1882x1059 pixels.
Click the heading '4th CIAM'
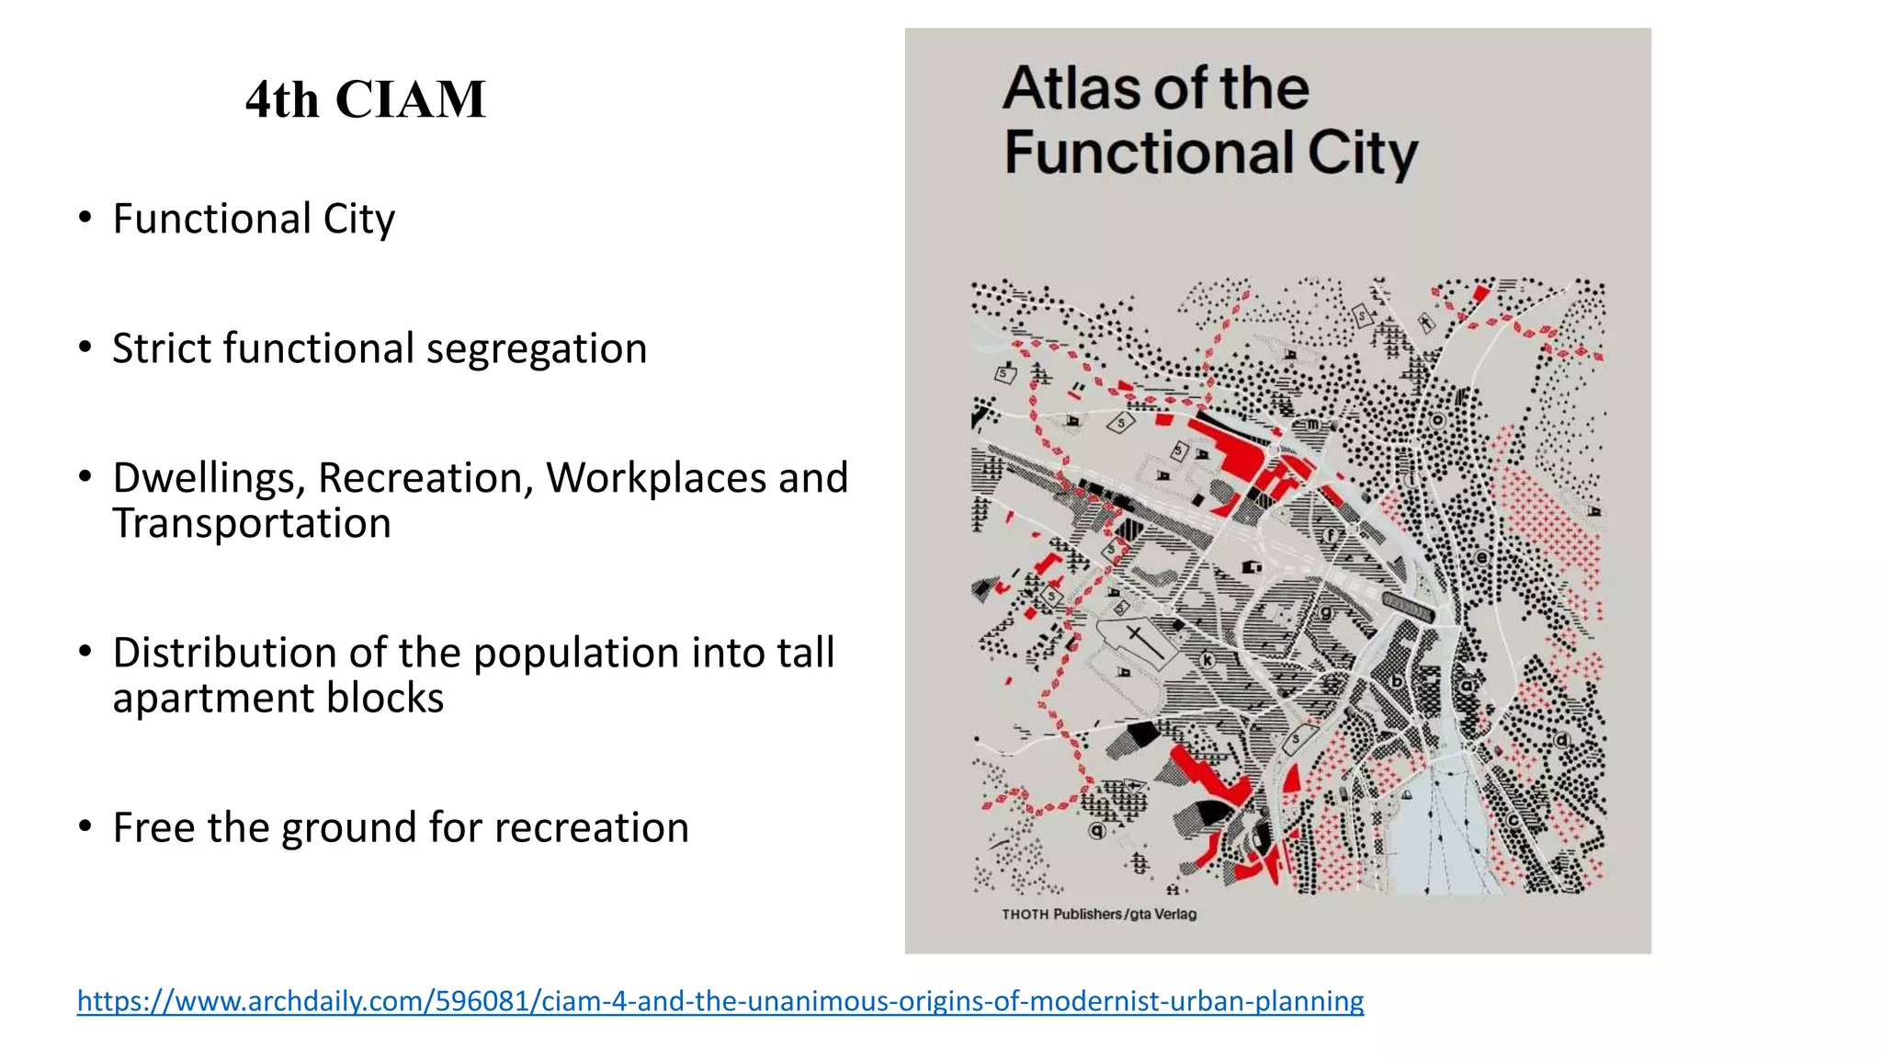[x=365, y=99]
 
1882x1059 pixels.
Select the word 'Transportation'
[x=252, y=523]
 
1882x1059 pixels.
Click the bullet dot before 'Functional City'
[x=85, y=219]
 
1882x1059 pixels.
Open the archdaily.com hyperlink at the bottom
[x=720, y=1000]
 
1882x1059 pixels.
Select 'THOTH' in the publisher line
[x=1025, y=914]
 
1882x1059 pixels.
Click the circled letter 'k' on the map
[x=1207, y=660]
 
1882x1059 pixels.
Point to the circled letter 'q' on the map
[x=1096, y=830]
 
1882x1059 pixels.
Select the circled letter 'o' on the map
[x=1438, y=421]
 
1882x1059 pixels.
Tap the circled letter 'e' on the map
[x=1481, y=557]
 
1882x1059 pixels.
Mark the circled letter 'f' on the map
[x=1330, y=535]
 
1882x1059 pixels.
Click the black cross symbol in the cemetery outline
[x=1137, y=637]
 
